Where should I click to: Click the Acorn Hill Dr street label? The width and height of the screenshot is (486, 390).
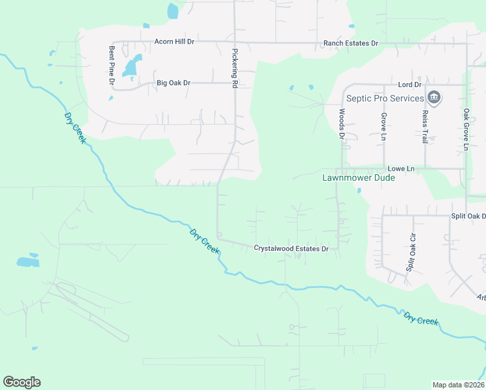pyautogui.click(x=174, y=42)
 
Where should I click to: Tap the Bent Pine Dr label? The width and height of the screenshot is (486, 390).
pyautogui.click(x=112, y=66)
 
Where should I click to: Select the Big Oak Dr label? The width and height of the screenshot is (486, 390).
pyautogui.click(x=173, y=83)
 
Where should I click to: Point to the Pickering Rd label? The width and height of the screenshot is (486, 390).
pyautogui.click(x=235, y=68)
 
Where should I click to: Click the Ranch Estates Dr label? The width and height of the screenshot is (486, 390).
pyautogui.click(x=351, y=44)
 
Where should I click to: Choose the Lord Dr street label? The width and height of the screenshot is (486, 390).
pyautogui.click(x=409, y=85)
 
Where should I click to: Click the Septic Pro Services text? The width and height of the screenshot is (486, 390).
pyautogui.click(x=385, y=99)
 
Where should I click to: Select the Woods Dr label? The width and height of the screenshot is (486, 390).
pyautogui.click(x=341, y=123)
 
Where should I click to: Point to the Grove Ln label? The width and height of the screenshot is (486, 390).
pyautogui.click(x=383, y=125)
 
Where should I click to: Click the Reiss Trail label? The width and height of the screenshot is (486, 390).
pyautogui.click(x=425, y=126)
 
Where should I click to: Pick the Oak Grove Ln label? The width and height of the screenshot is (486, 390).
pyautogui.click(x=466, y=129)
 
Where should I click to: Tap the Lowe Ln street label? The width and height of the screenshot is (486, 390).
pyautogui.click(x=401, y=169)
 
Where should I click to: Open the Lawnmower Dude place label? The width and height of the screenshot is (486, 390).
pyautogui.click(x=359, y=177)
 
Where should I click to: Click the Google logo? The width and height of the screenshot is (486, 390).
pyautogui.click(x=21, y=382)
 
